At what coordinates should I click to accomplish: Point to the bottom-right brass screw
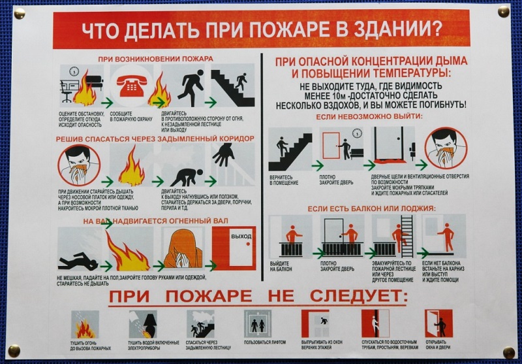508,352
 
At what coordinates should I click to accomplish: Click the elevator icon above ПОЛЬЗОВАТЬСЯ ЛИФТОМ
256,324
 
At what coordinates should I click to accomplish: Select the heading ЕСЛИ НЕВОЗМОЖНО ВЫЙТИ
369,116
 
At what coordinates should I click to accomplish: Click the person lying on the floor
78,263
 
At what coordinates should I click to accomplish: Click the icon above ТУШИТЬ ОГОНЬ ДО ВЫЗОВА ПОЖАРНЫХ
85,324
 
